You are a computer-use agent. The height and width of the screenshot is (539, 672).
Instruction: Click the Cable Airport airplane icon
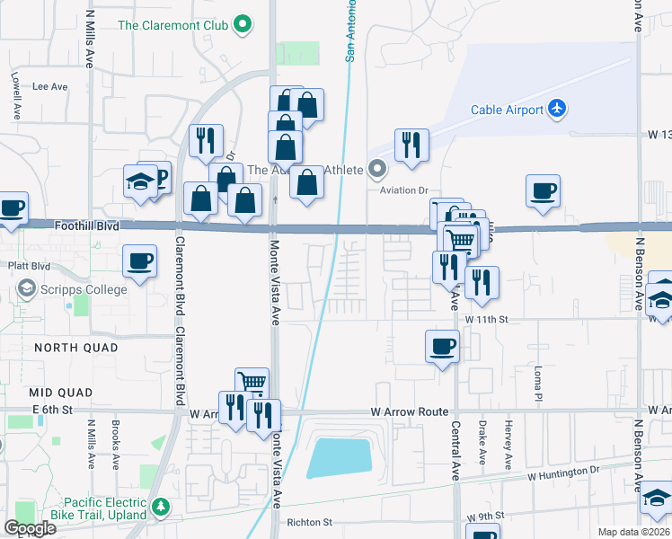coord(557,110)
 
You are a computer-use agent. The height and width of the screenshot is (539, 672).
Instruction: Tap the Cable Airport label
coord(507,110)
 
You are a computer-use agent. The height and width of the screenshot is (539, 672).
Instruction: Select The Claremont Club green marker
coord(242,25)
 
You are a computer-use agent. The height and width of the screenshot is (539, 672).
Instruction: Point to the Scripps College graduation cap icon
coord(26,290)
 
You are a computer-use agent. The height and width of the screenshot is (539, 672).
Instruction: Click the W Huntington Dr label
coord(562,472)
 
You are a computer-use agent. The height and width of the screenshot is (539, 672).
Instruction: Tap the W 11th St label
coord(487,319)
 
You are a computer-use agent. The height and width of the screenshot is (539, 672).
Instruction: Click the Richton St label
coord(309,521)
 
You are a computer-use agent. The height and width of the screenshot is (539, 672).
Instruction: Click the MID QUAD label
coord(60,393)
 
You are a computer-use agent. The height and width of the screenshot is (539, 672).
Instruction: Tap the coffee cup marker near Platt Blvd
coord(139,261)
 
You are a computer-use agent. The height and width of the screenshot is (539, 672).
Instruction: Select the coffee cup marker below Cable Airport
coord(543,190)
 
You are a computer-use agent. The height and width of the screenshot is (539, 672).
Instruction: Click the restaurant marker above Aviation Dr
coord(411,144)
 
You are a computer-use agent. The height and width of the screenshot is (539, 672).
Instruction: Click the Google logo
coord(31,528)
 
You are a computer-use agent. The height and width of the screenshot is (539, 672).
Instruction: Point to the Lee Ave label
coord(50,87)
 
